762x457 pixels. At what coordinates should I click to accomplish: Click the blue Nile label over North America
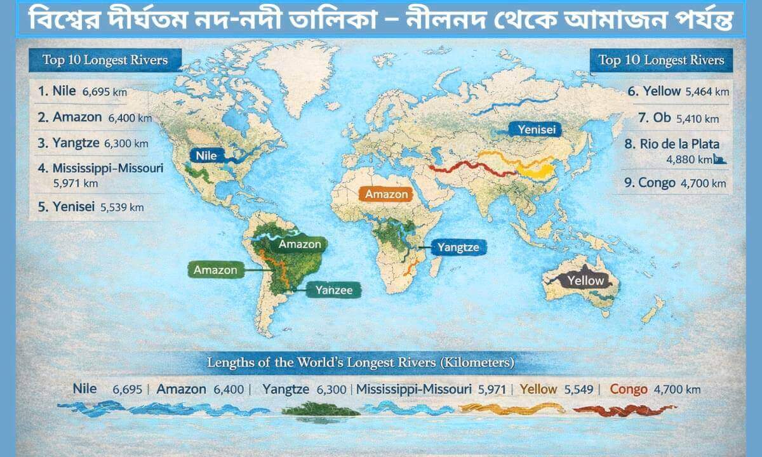206,156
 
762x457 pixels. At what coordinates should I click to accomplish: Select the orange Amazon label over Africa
386,194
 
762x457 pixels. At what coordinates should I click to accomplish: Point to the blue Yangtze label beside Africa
458,248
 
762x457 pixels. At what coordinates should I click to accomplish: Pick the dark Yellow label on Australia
585,280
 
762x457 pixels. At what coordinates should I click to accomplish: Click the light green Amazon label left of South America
215,270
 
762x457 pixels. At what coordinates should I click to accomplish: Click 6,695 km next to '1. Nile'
104,91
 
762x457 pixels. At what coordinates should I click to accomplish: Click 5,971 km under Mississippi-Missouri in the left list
76,183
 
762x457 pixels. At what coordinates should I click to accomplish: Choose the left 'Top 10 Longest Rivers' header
105,60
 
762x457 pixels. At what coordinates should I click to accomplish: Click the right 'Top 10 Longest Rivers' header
661,60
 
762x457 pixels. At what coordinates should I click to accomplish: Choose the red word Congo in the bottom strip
629,389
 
